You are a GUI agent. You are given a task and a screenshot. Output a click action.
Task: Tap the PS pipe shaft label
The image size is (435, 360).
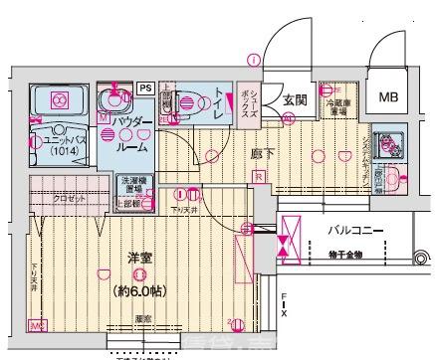coord(145,88)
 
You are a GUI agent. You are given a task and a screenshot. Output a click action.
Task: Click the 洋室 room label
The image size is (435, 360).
coord(138,257)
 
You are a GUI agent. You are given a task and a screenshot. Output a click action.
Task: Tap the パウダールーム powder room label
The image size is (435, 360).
coord(131,134)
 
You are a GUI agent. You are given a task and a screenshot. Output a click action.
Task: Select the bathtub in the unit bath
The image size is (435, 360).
coord(56,101)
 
